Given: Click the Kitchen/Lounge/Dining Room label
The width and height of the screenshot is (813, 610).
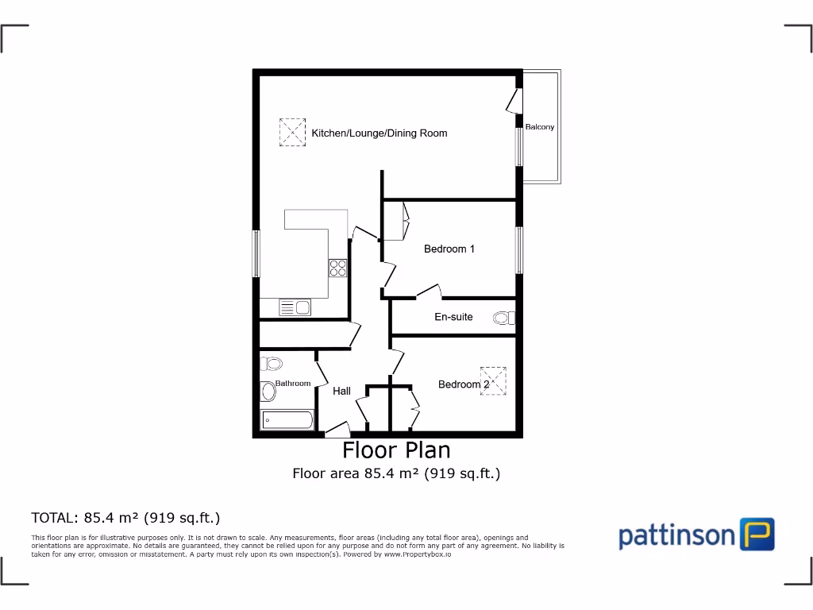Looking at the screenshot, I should pyautogui.click(x=379, y=133).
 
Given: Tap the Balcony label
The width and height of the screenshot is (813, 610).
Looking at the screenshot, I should pyautogui.click(x=540, y=127).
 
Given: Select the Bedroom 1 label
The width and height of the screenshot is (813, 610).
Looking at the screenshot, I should pyautogui.click(x=449, y=249).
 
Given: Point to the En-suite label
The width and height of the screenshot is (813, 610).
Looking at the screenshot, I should pyautogui.click(x=453, y=317).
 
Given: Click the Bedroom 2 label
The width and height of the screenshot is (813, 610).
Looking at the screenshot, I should pyautogui.click(x=464, y=384).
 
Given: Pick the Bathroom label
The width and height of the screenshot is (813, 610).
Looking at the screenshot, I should pyautogui.click(x=293, y=384).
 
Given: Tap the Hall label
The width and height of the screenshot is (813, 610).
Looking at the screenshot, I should pyautogui.click(x=341, y=391).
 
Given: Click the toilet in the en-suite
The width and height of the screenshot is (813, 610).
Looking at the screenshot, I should pyautogui.click(x=503, y=319).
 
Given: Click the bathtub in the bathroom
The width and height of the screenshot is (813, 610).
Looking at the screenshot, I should pyautogui.click(x=287, y=420).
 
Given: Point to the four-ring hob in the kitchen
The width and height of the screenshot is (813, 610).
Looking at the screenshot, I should pyautogui.click(x=337, y=268).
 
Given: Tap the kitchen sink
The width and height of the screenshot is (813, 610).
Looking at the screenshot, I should pyautogui.click(x=295, y=306).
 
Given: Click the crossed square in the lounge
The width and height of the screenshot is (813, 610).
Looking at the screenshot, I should pyautogui.click(x=292, y=132).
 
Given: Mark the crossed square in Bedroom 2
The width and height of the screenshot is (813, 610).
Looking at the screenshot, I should pyautogui.click(x=493, y=380).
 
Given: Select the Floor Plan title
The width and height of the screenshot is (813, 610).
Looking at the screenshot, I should pyautogui.click(x=396, y=450).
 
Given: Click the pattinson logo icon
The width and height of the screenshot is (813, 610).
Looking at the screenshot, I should pyautogui.click(x=757, y=535).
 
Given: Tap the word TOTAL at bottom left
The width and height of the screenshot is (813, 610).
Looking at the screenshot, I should pyautogui.click(x=54, y=518).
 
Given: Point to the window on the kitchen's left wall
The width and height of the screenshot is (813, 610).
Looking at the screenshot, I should pyautogui.click(x=256, y=254).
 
